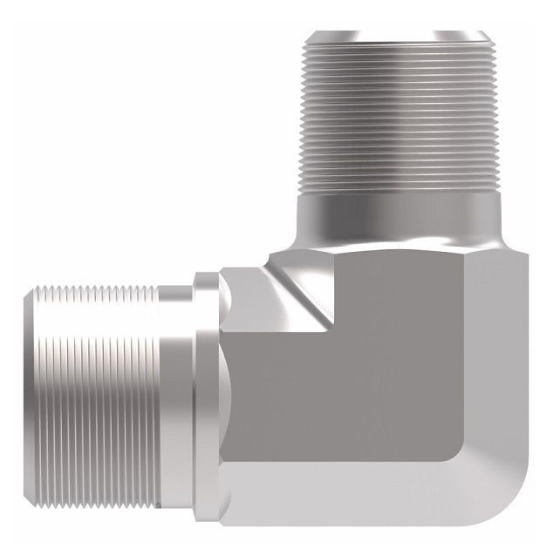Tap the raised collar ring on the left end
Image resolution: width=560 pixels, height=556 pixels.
point(206,392)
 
